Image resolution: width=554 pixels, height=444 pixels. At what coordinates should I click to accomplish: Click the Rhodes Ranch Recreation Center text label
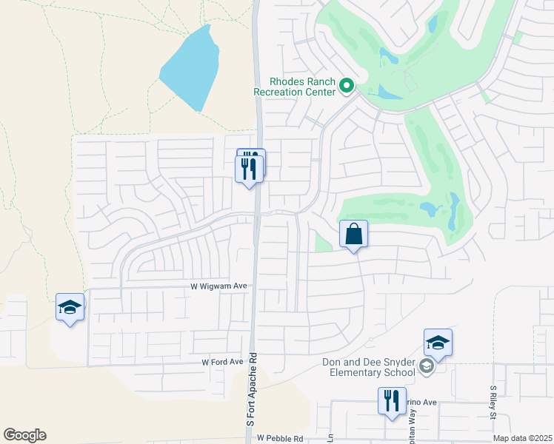click(294, 86)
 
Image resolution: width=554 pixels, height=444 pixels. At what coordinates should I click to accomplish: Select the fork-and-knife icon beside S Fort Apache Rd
click(250, 169)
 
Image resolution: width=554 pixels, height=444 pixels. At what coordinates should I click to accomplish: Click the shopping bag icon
click(353, 235)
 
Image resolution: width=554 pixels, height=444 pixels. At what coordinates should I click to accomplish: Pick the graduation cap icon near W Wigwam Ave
click(70, 308)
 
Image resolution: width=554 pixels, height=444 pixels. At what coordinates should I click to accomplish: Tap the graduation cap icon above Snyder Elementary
click(438, 343)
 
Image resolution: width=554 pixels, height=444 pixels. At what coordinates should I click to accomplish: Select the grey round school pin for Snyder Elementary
click(426, 366)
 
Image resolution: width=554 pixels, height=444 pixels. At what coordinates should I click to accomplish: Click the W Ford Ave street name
click(222, 362)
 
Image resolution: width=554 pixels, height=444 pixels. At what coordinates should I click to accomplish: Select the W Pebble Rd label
click(281, 438)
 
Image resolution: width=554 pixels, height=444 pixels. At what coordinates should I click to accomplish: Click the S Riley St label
click(493, 400)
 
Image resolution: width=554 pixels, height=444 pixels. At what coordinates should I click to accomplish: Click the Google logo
click(24, 435)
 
